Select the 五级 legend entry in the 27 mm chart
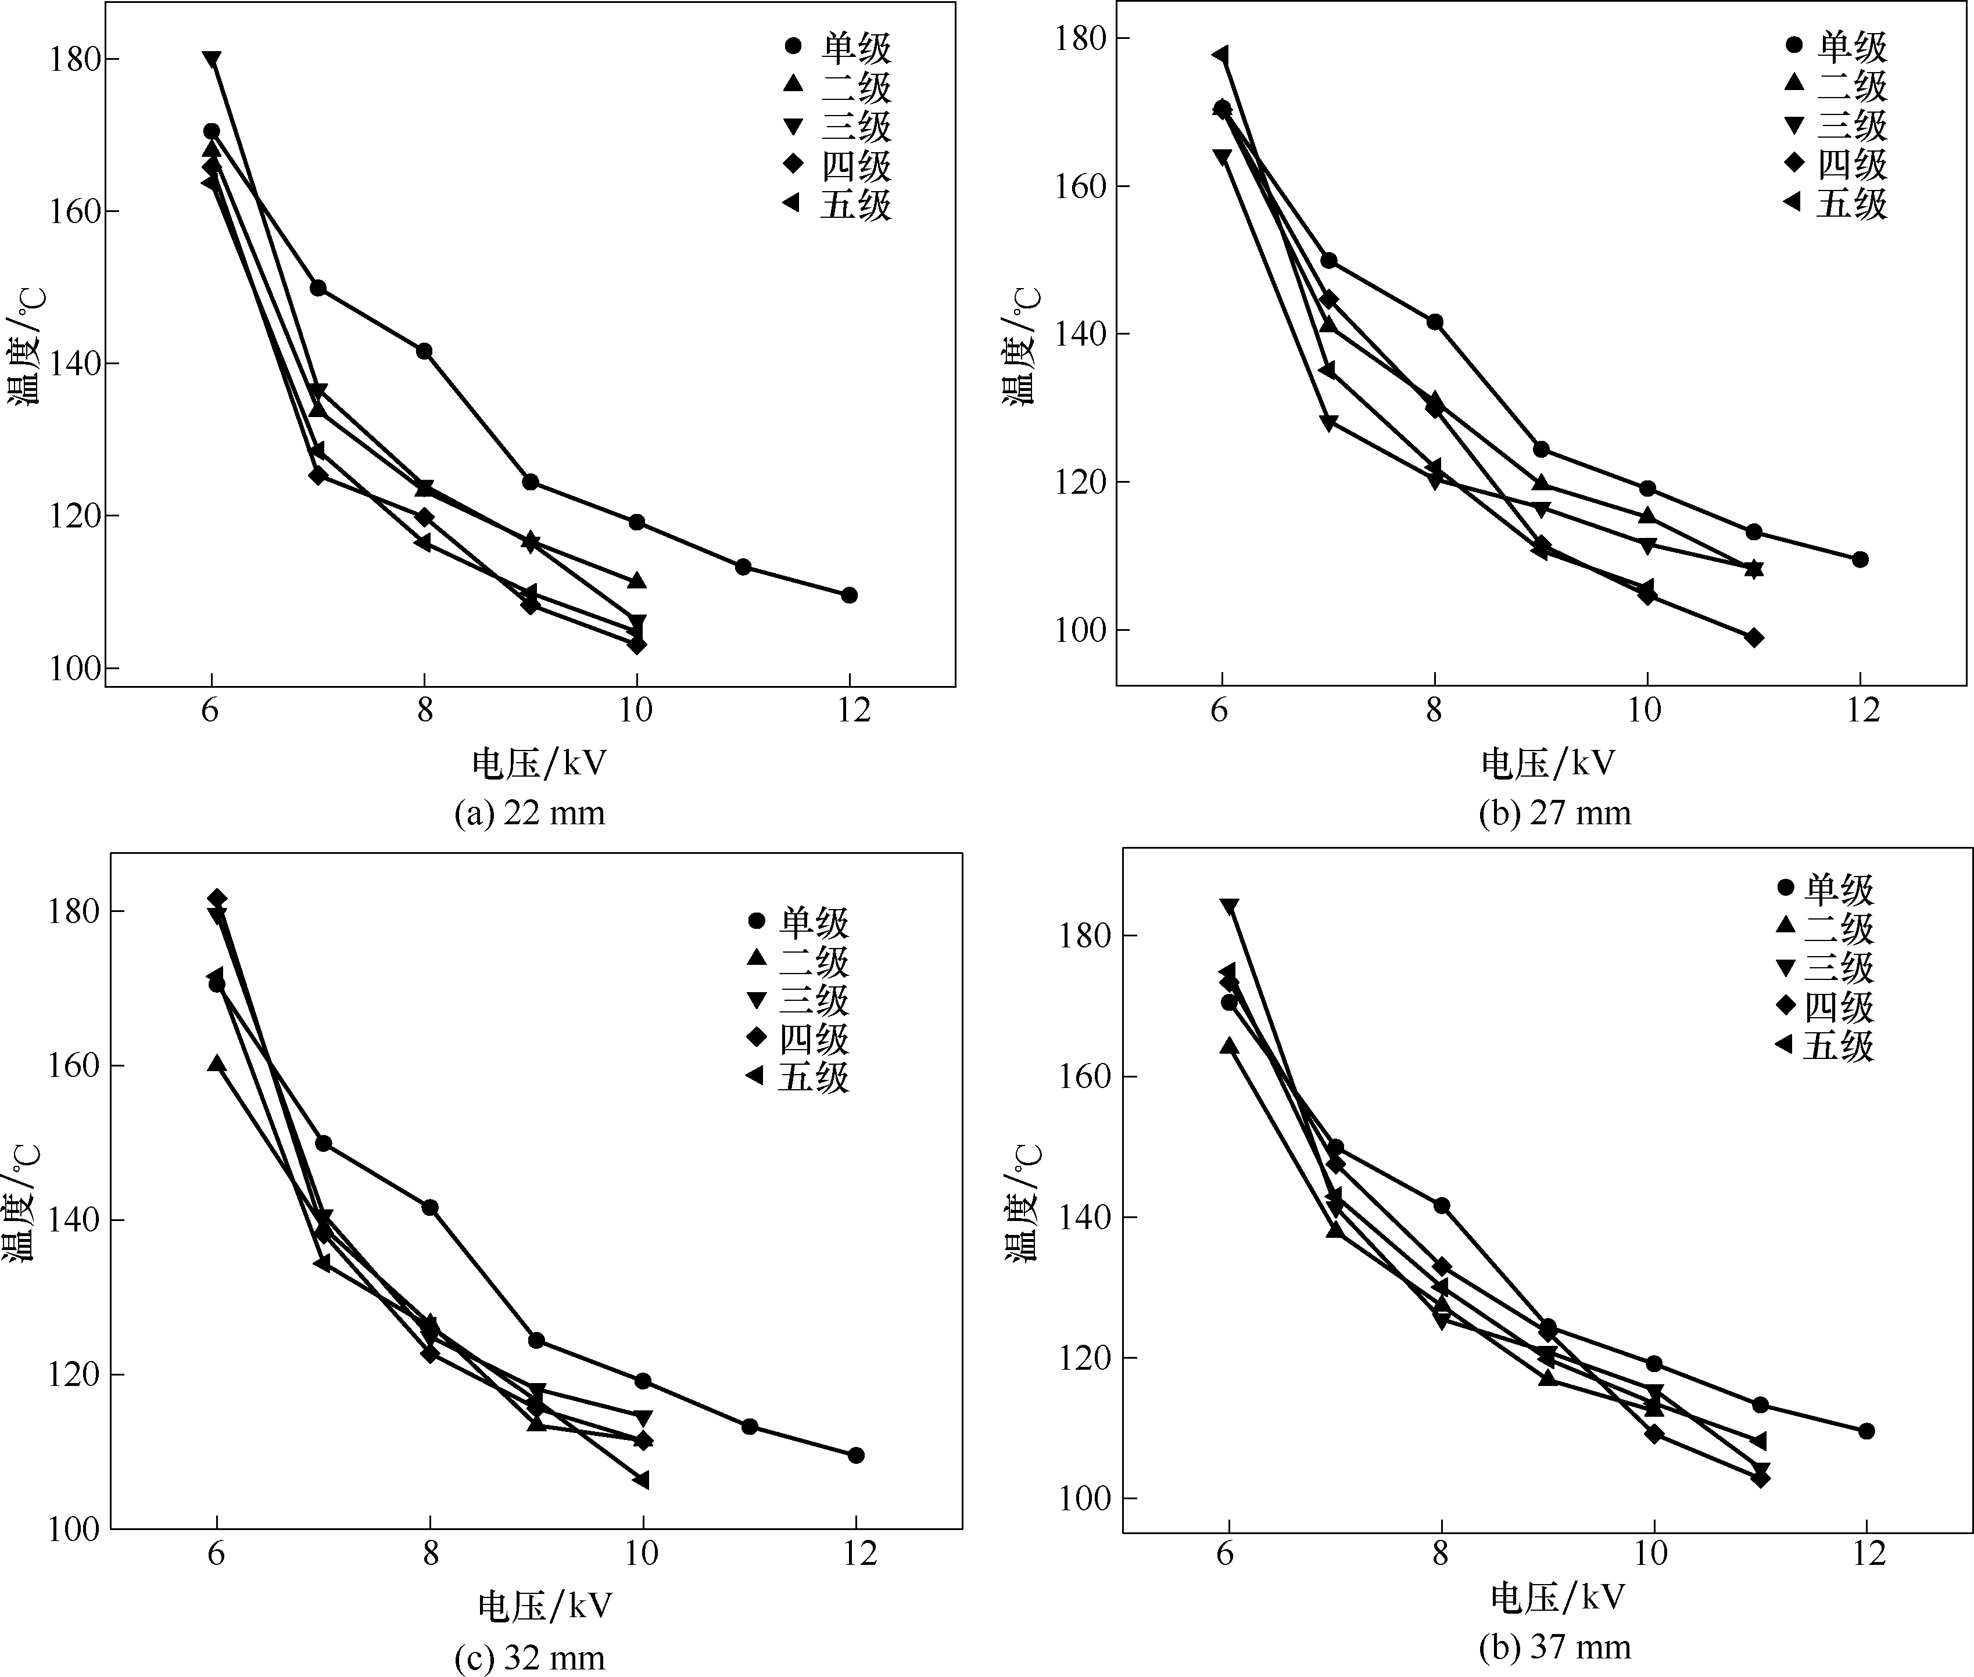tap(1834, 203)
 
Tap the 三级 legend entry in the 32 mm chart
tap(797, 1000)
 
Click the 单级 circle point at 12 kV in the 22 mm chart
tap(849, 595)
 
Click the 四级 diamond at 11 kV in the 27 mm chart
tap(1753, 637)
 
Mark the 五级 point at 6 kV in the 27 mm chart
tap(1221, 55)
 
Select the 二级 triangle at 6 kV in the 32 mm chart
tap(217, 1063)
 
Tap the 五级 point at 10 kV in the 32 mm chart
tap(642, 1480)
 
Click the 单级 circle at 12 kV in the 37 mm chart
tap(1865, 1431)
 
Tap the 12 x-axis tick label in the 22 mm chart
tap(854, 710)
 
